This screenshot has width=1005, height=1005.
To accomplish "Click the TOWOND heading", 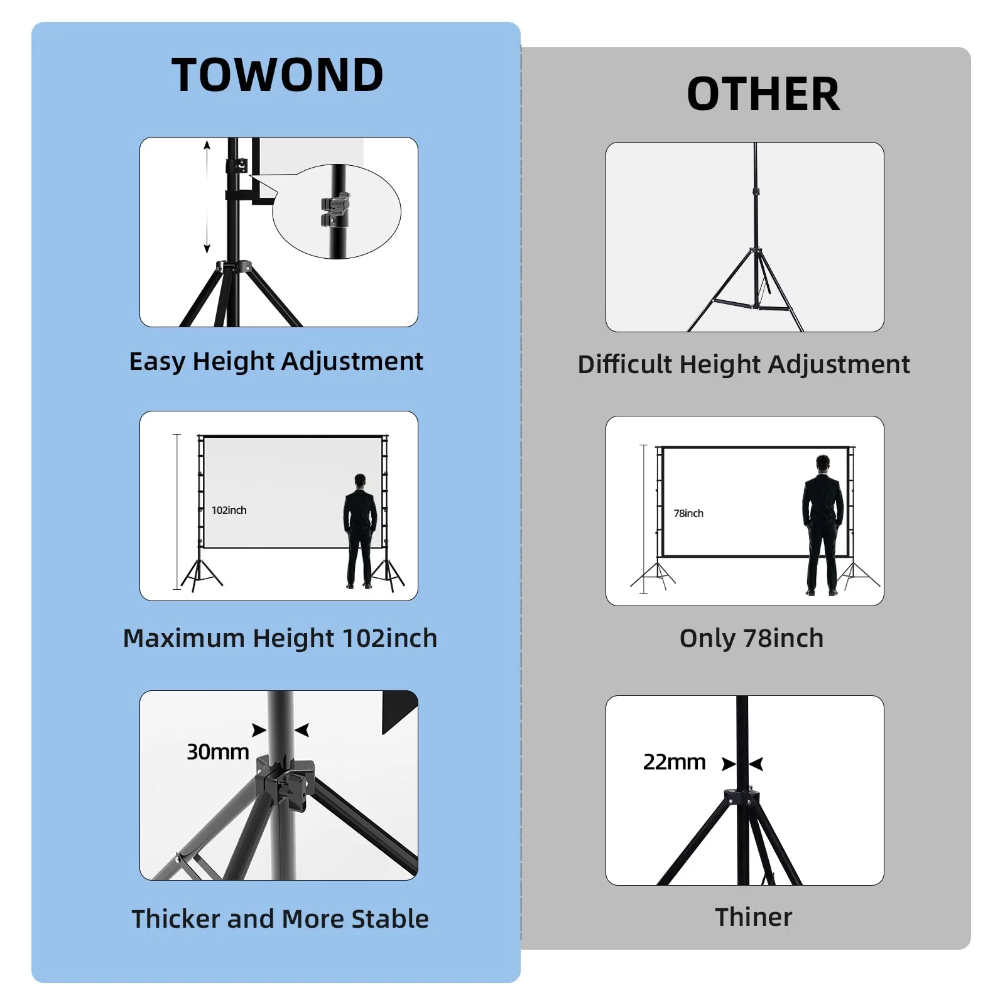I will (x=277, y=75).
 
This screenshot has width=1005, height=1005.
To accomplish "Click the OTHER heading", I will (x=763, y=94).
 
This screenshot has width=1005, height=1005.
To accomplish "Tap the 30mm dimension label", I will (x=217, y=752).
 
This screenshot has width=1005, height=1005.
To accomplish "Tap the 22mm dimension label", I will (x=674, y=762).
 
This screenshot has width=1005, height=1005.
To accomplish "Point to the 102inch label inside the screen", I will (x=229, y=510).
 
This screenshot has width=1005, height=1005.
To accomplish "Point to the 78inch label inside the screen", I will (x=688, y=513).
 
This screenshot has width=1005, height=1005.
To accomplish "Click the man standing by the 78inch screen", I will (x=822, y=524).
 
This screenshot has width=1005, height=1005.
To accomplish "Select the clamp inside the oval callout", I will (x=335, y=209).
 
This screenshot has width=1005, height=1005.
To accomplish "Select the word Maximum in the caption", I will (x=183, y=638).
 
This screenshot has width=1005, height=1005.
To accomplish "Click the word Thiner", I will (x=753, y=917).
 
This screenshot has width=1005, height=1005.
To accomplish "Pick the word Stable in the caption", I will (x=389, y=919).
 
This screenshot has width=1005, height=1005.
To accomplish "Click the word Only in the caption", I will (x=707, y=639).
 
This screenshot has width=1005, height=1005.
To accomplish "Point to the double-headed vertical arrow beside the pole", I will (x=207, y=197).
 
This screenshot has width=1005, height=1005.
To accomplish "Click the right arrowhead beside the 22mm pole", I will (x=756, y=764).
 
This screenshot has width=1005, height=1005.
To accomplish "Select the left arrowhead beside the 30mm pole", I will (x=259, y=730).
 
